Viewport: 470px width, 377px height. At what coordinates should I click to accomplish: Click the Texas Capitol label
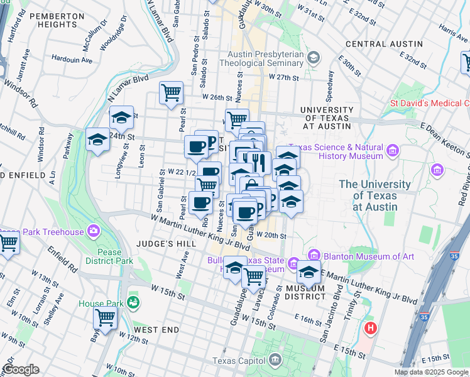pyautogui.click(x=241, y=361)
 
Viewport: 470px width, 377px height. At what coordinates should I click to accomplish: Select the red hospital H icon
pyautogui.click(x=371, y=328)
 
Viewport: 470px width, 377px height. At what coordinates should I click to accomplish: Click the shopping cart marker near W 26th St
pyautogui.click(x=171, y=94)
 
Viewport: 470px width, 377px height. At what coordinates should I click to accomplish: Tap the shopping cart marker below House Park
pyautogui.click(x=106, y=319)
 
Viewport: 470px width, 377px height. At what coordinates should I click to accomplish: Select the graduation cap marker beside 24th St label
pyautogui.click(x=98, y=141)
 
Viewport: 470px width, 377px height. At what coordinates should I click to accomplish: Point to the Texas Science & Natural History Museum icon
pyautogui.click(x=393, y=151)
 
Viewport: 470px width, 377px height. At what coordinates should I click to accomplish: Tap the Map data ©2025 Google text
pyautogui.click(x=431, y=372)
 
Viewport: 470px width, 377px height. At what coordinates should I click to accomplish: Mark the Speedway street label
pyautogui.click(x=331, y=81)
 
